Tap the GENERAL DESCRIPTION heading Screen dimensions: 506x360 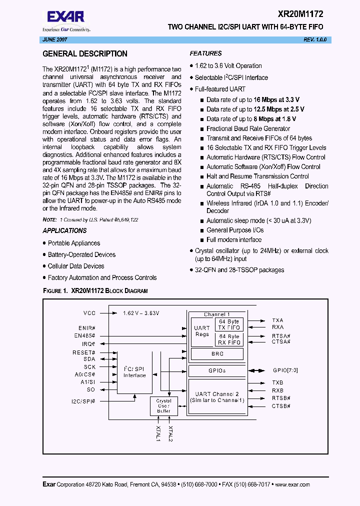pyautogui.click(x=85, y=54)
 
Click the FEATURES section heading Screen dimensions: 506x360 pyautogui.click(x=205, y=53)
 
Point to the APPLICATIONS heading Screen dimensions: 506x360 pyautogui.click(x=64, y=230)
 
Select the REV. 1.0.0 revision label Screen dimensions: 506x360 pyautogui.click(x=315, y=39)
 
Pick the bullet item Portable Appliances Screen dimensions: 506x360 pyautogui.click(x=74, y=243)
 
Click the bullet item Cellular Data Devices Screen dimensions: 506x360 pyautogui.click(x=76, y=266)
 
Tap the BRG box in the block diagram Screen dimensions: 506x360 pyautogui.click(x=217, y=353)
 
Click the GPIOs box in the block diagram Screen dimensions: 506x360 pyautogui.click(x=217, y=370)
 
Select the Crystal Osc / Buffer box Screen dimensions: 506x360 pyautogui.click(x=163, y=405)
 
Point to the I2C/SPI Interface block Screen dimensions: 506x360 pyautogui.click(x=134, y=371)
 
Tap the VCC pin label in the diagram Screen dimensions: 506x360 pyautogui.click(x=89, y=313)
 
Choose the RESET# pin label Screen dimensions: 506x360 pyautogui.click(x=84, y=352)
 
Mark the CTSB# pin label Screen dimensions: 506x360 pyautogui.click(x=281, y=406)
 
